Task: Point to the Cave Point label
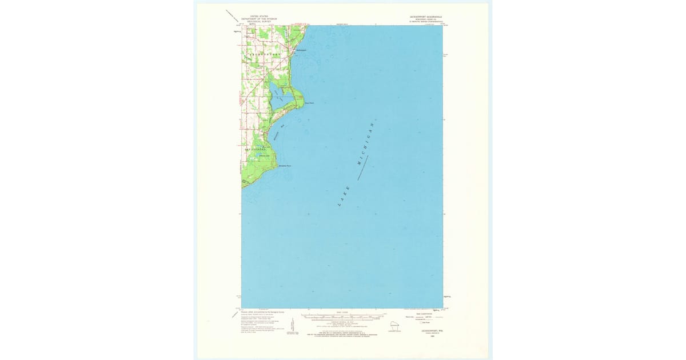[310, 103]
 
